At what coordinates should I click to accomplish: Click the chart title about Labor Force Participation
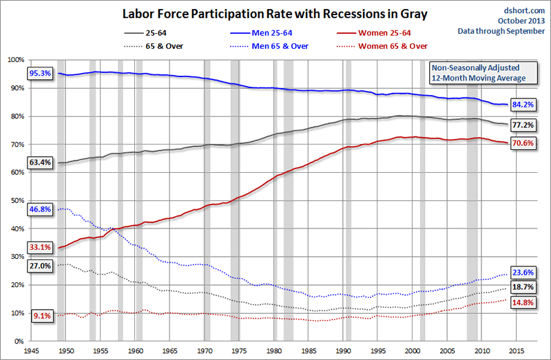266,13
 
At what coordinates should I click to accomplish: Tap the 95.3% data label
41,73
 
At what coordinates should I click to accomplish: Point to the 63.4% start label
41,162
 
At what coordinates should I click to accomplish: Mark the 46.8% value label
41,208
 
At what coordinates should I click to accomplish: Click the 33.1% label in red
41,247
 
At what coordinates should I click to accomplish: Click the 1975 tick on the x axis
240,350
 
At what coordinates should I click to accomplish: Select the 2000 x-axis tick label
413,350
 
